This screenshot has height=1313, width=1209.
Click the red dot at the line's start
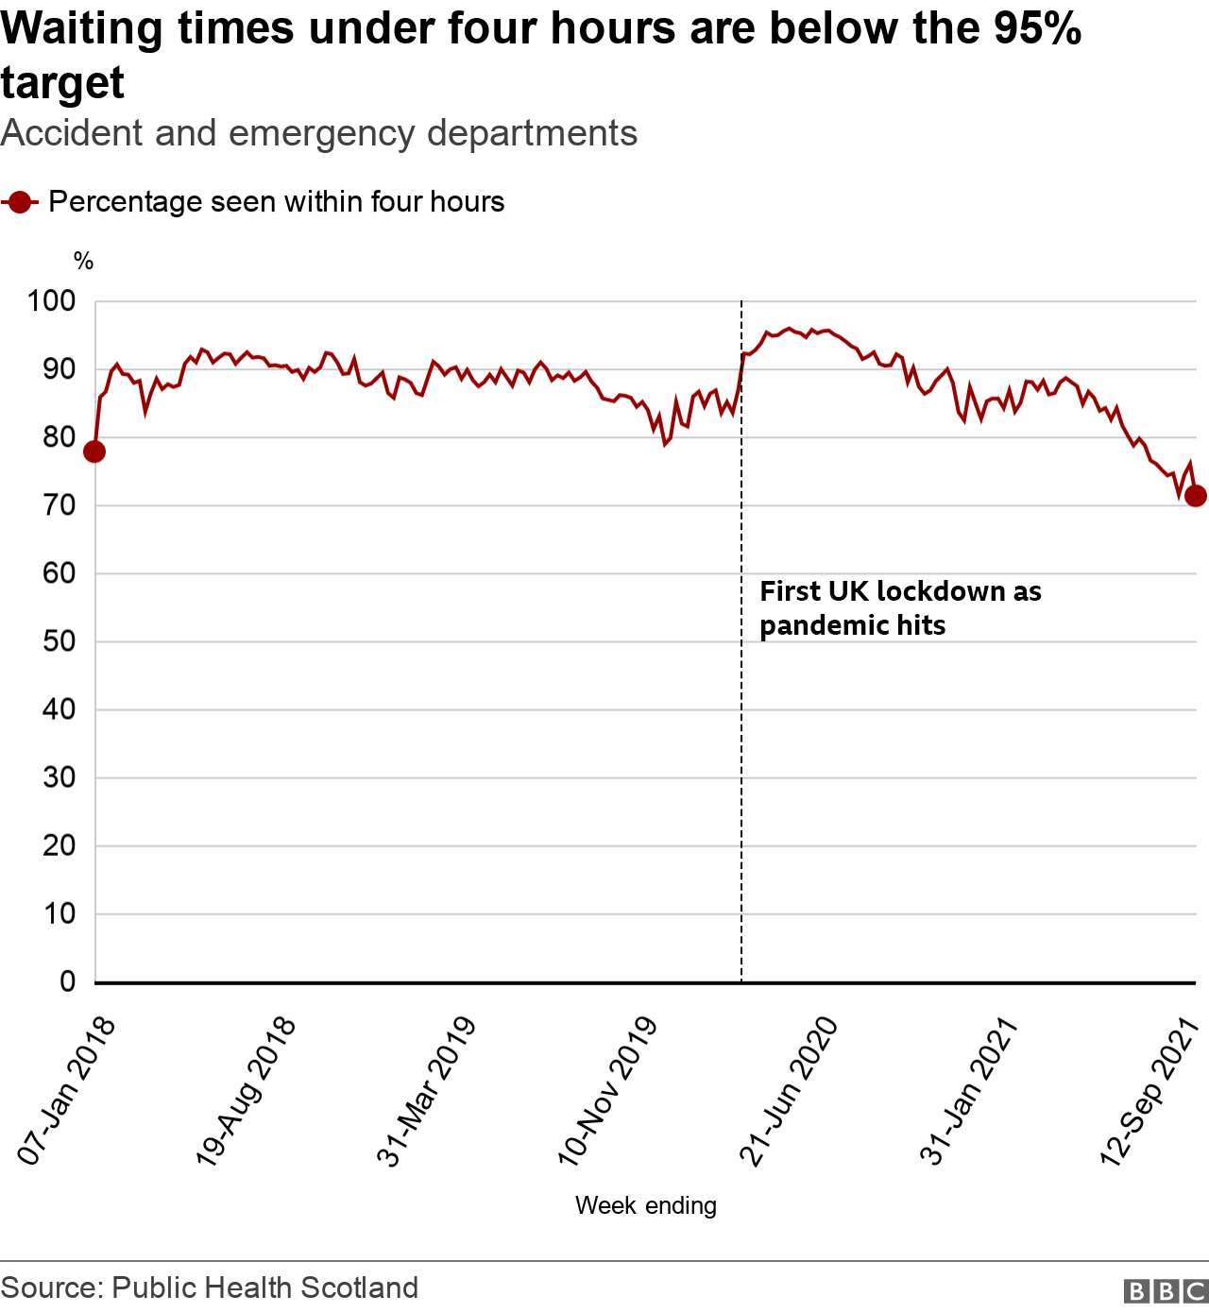point(94,452)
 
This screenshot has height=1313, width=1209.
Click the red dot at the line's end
point(1195,496)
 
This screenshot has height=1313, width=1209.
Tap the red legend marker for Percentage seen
point(20,202)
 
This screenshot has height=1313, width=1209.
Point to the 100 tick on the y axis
point(51,301)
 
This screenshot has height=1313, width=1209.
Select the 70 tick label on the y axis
point(59,505)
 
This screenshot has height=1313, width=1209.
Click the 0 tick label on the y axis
point(67,981)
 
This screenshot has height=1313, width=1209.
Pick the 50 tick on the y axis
point(59,641)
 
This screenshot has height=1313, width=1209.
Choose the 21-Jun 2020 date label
point(788,1091)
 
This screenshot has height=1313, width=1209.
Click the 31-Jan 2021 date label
point(968,1091)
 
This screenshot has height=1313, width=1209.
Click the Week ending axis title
point(645,1206)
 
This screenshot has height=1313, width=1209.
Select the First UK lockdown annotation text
point(900,608)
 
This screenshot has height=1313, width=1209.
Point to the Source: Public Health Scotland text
point(210,1287)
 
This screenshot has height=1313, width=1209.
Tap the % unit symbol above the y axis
point(83,262)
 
